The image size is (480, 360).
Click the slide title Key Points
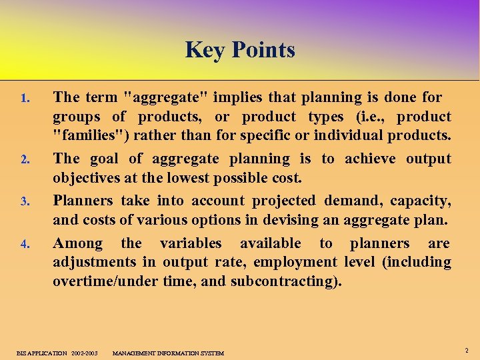tap(240, 50)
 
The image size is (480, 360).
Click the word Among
tap(78, 243)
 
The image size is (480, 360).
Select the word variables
tap(191, 243)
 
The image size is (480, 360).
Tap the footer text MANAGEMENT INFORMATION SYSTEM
tap(168, 353)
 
